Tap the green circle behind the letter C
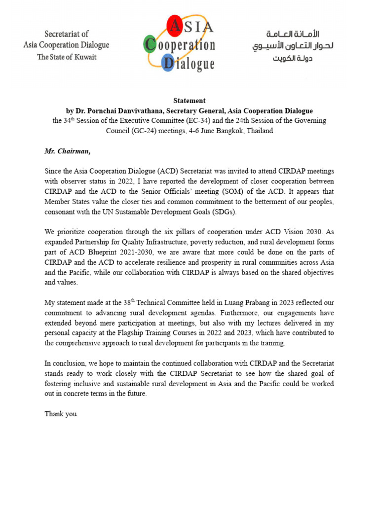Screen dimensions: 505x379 point(150,45)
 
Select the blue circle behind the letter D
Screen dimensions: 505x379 point(168,63)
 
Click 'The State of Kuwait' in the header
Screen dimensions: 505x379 point(67,57)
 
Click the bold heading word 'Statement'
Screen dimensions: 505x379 point(189,101)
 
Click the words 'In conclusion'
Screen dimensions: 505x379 point(67,363)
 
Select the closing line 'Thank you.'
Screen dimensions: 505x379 point(61,414)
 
